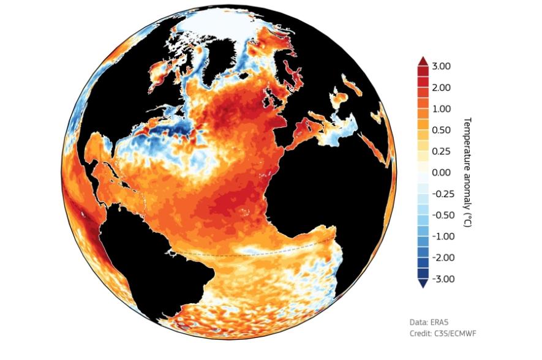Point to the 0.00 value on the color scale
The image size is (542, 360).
click(x=441, y=173)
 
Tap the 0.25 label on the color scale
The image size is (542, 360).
click(x=441, y=151)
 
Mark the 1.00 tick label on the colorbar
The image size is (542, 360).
click(x=441, y=109)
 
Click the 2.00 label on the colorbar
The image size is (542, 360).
click(x=441, y=88)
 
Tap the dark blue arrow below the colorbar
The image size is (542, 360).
click(x=422, y=282)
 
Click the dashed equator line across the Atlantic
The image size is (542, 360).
click(x=257, y=254)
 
